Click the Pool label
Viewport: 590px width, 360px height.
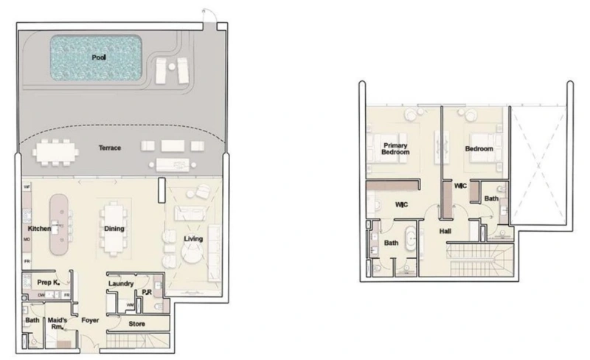pyautogui.click(x=99, y=57)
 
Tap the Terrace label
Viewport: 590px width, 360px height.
pyautogui.click(x=110, y=148)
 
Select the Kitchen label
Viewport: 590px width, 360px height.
pyautogui.click(x=38, y=229)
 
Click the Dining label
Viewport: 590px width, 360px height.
pyautogui.click(x=114, y=229)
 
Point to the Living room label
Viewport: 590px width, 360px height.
pyautogui.click(x=194, y=238)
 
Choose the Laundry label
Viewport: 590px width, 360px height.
pyautogui.click(x=119, y=283)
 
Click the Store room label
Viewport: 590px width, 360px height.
pyautogui.click(x=136, y=324)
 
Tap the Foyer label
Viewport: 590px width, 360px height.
pyautogui.click(x=91, y=321)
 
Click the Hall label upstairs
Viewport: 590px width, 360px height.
pyautogui.click(x=446, y=232)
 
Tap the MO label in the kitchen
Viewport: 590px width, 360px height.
pyautogui.click(x=26, y=240)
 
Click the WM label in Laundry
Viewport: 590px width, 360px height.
pyautogui.click(x=131, y=305)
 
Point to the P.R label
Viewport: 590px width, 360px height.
pyautogui.click(x=147, y=291)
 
